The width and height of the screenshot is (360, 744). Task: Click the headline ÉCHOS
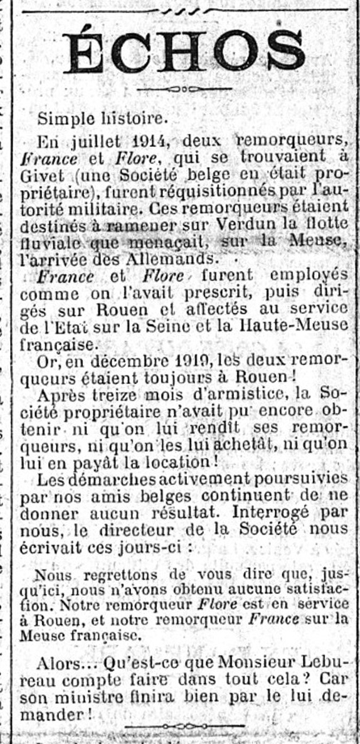184,51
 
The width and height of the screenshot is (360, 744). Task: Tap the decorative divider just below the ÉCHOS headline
183,89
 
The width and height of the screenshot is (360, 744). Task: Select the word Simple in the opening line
61,117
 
